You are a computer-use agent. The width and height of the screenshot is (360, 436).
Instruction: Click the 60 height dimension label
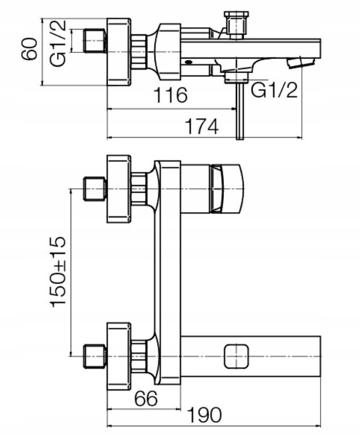point(29,49)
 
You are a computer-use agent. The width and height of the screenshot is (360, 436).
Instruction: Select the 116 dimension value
point(170,95)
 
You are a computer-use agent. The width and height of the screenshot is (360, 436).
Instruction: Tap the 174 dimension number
point(202,126)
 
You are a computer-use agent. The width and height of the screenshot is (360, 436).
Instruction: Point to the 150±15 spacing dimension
point(58,272)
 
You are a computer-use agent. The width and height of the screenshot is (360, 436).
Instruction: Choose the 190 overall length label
point(205,415)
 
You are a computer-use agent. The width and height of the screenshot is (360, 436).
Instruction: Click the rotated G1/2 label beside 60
point(58,43)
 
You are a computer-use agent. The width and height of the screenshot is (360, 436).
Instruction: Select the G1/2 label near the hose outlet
point(274,89)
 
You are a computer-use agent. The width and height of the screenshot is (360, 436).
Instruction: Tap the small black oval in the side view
point(189,62)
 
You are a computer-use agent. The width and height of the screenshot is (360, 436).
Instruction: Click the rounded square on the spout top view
point(236,356)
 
